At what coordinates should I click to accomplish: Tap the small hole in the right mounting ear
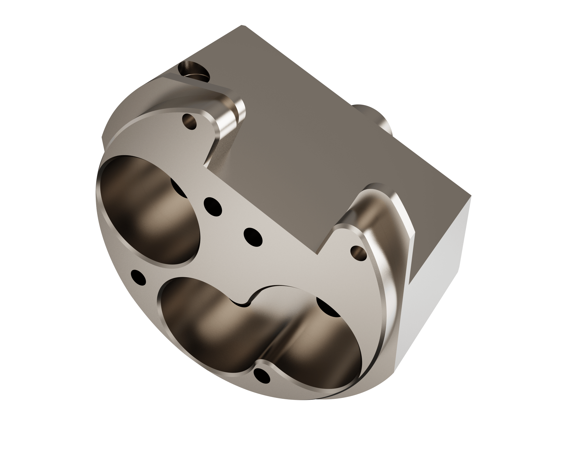[x=358, y=253]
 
